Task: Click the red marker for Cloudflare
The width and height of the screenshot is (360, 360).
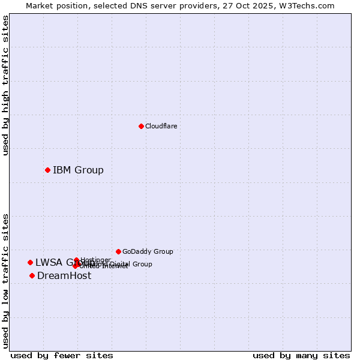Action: [x=141, y=126]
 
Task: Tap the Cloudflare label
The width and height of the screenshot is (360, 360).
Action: [x=161, y=126]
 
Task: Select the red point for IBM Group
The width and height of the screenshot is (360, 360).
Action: [x=47, y=170]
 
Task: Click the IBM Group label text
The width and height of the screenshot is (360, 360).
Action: [x=78, y=170]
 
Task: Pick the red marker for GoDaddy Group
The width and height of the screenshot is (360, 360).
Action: [x=118, y=251]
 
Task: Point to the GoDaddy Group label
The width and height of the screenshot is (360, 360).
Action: [x=148, y=251]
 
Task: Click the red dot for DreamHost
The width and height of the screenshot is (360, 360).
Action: [x=32, y=275]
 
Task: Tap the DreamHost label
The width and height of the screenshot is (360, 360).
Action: [x=64, y=276]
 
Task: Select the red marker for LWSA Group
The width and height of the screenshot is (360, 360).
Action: [x=30, y=262]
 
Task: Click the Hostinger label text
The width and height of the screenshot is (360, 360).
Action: [x=95, y=260]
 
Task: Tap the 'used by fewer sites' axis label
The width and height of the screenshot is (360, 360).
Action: [x=62, y=355]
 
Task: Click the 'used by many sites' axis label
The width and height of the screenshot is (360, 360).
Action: [x=301, y=355]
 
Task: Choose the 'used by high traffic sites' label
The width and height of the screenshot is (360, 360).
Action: [x=5, y=86]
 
